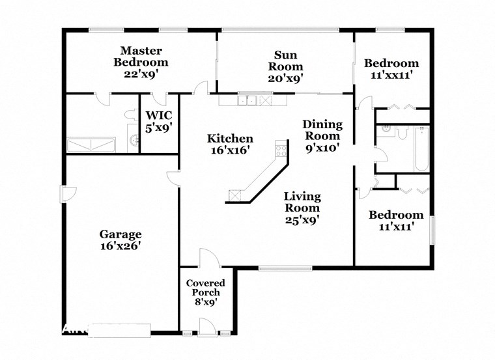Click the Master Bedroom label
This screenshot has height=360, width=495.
[x=141, y=57]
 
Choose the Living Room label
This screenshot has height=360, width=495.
[x=302, y=202]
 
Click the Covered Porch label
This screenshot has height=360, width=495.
[x=205, y=288]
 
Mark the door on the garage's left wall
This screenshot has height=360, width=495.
[x=67, y=194]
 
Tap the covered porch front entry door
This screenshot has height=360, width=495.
[x=207, y=327]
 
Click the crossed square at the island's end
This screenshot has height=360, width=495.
[x=236, y=195]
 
